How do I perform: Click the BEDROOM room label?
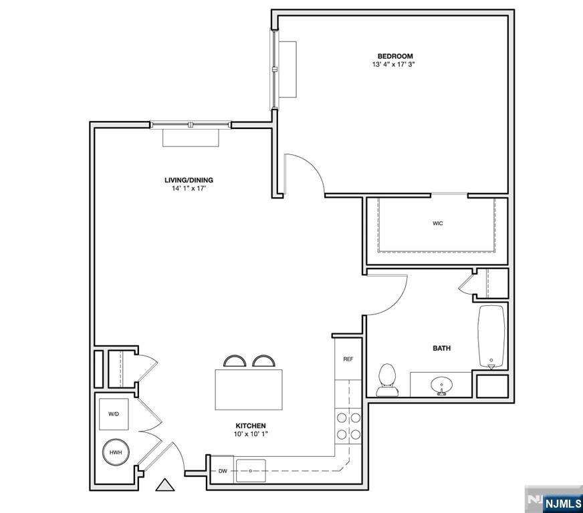tap(394, 56)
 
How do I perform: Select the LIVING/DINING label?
tap(189, 180)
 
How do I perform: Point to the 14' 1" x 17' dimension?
tap(189, 188)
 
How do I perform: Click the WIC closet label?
tap(438, 224)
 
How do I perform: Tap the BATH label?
tap(441, 348)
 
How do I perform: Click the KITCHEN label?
tap(251, 425)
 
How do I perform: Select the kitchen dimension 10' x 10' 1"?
tap(251, 434)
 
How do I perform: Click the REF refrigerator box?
tap(348, 359)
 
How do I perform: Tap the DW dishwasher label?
tap(223, 472)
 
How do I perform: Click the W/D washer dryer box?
tap(114, 414)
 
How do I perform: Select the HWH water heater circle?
tap(114, 453)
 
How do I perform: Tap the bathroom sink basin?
tap(441, 385)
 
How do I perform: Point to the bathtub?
tap(493, 337)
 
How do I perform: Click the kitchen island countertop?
tap(249, 389)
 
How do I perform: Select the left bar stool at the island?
tap(235, 361)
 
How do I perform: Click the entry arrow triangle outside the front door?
tap(164, 485)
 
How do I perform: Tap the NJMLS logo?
tap(554, 502)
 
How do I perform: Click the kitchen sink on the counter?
tap(251, 470)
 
